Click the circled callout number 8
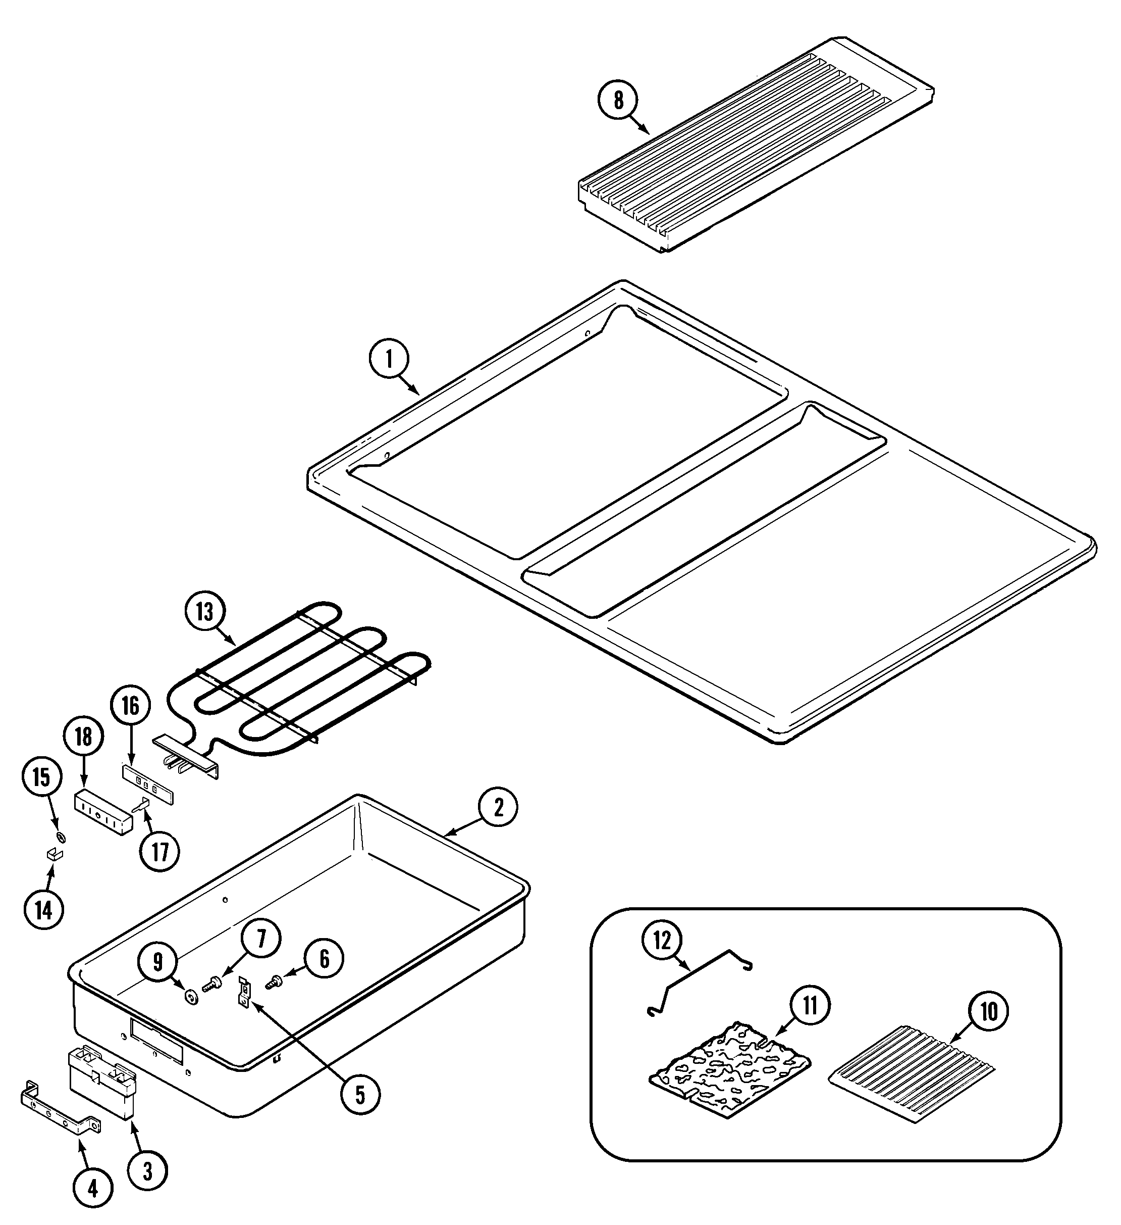618,100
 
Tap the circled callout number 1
389,360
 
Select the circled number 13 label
204,612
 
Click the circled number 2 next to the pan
498,808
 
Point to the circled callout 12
662,941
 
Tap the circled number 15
42,777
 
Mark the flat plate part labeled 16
149,788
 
